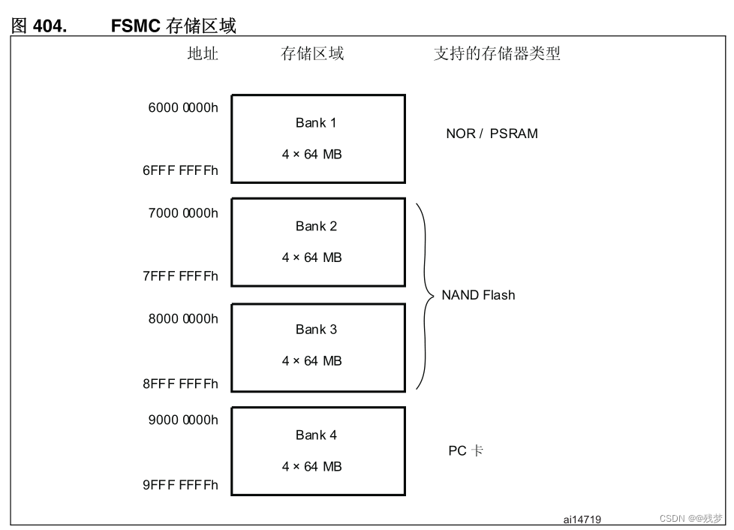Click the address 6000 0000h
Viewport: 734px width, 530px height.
183,108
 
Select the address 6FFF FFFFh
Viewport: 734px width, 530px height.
180,170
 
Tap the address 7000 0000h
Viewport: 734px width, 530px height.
183,213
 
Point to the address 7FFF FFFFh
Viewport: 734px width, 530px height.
180,276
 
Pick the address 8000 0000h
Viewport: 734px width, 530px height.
183,319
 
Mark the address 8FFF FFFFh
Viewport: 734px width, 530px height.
180,384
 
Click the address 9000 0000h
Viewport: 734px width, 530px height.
183,420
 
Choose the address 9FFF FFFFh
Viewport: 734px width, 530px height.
180,485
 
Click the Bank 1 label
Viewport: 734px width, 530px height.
316,123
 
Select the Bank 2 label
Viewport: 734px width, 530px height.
316,226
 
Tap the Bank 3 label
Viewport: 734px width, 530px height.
316,330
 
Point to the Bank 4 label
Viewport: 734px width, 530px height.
316,435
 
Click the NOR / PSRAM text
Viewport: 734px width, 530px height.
492,134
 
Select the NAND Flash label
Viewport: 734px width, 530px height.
478,295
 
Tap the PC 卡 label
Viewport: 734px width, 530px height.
465,451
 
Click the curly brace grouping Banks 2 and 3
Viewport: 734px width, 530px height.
426,296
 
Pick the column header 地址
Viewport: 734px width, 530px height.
203,53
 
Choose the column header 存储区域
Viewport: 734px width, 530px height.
312,53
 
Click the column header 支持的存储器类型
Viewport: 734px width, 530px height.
497,53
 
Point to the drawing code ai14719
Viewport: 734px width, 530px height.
582,519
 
